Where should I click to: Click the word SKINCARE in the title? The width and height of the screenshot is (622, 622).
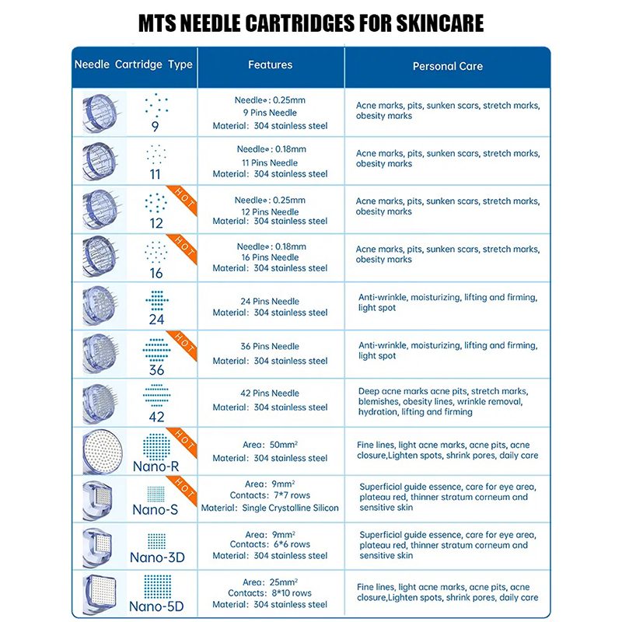[x=424, y=23]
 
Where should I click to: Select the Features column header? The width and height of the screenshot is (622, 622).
[x=270, y=65]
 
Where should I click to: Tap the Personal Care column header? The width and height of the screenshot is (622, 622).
[x=447, y=66]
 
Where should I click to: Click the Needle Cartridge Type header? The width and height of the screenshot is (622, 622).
[x=133, y=65]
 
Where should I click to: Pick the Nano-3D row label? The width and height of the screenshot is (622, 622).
[x=157, y=557]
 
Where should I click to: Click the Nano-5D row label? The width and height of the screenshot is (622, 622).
[x=157, y=606]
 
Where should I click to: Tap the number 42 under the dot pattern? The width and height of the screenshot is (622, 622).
[x=157, y=417]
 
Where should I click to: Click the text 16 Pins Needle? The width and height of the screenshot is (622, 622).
[x=270, y=257]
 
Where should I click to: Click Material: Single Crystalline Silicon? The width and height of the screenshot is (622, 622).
[x=270, y=508]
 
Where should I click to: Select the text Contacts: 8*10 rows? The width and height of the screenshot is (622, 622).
[x=270, y=593]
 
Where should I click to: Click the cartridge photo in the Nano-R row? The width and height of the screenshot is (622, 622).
[x=101, y=449]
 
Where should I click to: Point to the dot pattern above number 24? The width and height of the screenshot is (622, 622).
[x=157, y=299]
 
